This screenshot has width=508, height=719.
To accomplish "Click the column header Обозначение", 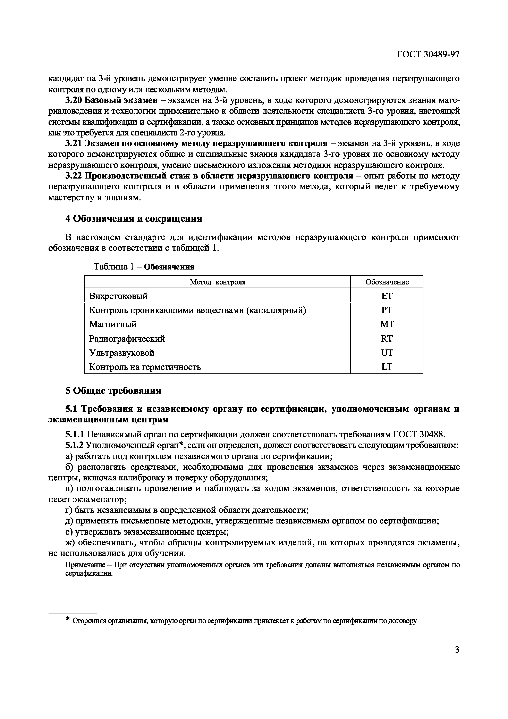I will [x=387, y=282].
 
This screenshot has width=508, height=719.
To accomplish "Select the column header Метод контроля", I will [x=218, y=282].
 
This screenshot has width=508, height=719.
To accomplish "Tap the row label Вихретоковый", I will [x=118, y=296].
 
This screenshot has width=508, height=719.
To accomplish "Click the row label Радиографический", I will [x=127, y=339].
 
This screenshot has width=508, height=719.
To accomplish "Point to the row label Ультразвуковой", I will [x=122, y=353].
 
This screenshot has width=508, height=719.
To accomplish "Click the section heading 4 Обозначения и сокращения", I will [x=133, y=218].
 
